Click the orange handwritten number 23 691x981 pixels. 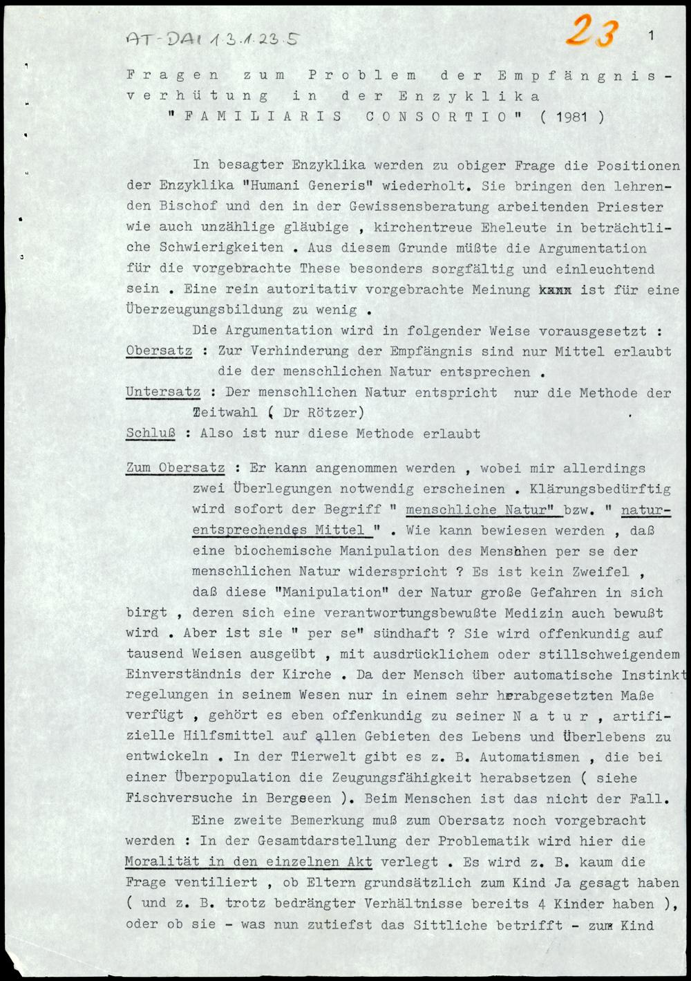point(588,32)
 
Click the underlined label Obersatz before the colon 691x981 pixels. point(159,351)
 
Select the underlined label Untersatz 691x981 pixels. point(163,392)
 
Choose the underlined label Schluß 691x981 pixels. point(150,433)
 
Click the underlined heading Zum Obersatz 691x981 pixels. point(176,468)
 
